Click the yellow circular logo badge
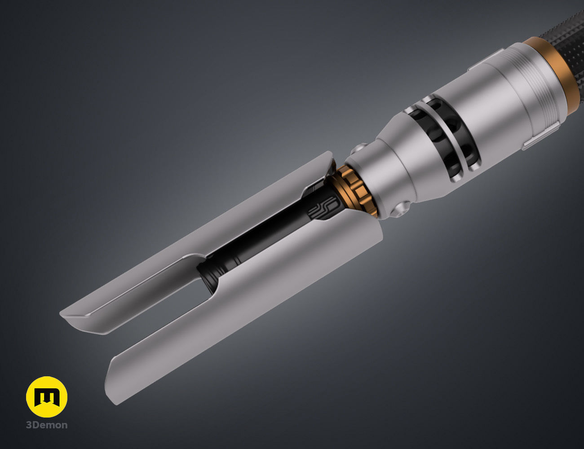[47, 396]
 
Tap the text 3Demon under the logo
[47, 425]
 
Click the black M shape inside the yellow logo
[47, 397]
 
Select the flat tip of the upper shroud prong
[81, 319]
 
